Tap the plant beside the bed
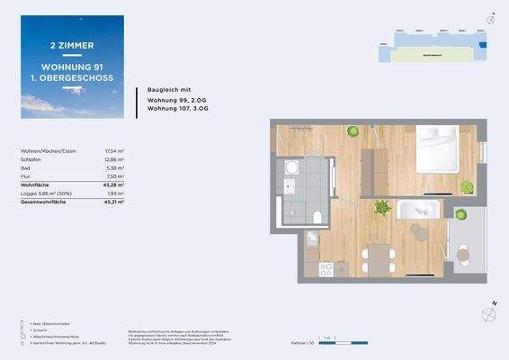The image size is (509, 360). (467, 186)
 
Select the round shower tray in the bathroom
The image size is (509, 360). (290, 168)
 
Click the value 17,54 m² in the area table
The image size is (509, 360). (115, 151)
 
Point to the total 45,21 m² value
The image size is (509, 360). (115, 202)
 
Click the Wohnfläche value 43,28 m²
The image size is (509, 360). (115, 185)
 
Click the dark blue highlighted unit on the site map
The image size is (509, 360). (481, 42)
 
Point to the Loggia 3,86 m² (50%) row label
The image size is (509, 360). (41, 193)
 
